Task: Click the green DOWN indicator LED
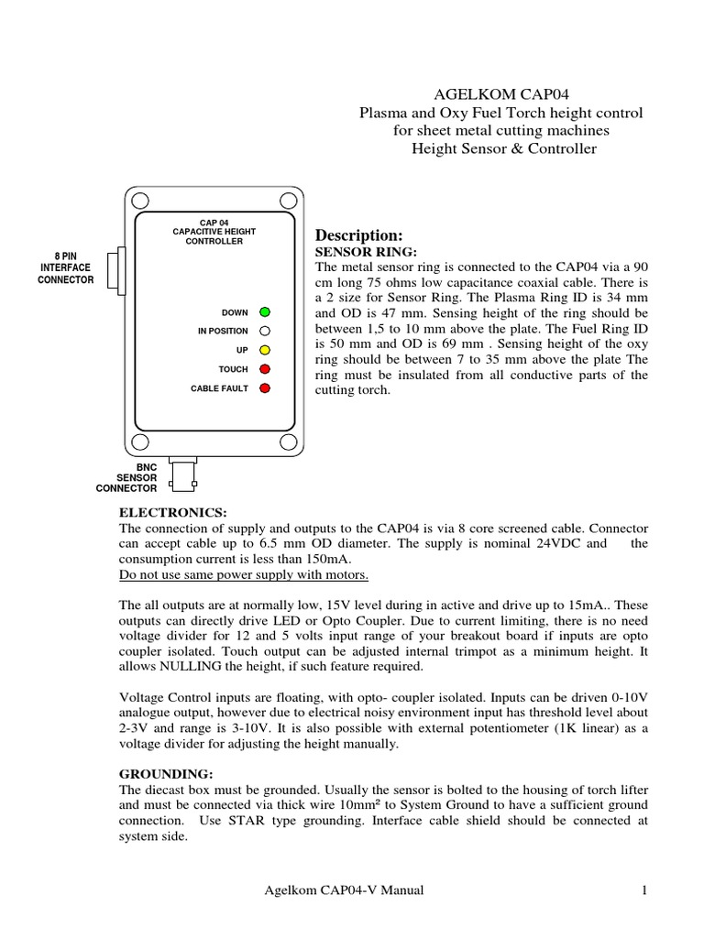point(264,312)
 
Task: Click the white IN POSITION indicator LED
point(264,332)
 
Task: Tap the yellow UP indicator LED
point(264,350)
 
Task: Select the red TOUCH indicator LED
point(264,369)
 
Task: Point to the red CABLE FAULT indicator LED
point(264,388)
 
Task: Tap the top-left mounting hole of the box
point(138,201)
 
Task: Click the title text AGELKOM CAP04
point(500,93)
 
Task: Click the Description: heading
point(358,235)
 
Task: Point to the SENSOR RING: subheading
point(366,251)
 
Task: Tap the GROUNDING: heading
point(166,774)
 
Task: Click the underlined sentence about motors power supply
point(244,574)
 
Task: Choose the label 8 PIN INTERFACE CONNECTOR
point(65,268)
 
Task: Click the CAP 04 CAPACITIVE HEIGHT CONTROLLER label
point(207,232)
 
